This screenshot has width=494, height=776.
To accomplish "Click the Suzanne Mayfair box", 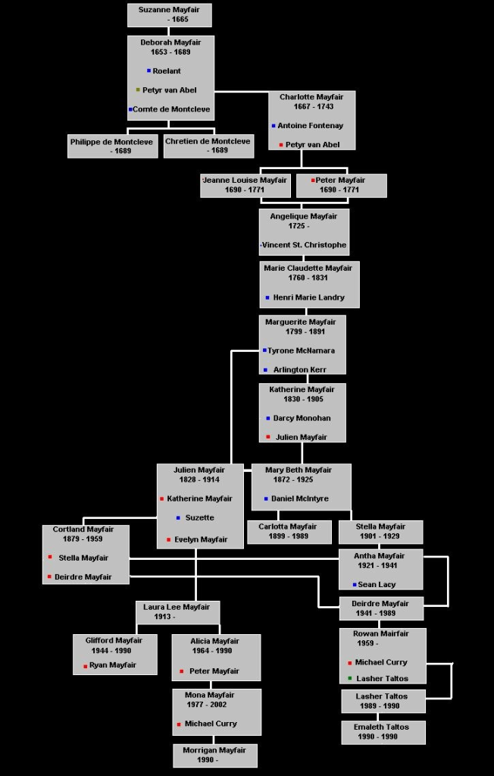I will click(x=169, y=14).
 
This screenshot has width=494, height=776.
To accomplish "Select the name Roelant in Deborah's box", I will click(x=167, y=71).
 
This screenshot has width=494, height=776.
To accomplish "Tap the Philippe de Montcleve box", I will click(x=112, y=146).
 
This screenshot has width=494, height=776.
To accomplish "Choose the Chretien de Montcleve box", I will click(x=208, y=146).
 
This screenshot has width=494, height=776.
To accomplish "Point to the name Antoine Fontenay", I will click(x=310, y=126).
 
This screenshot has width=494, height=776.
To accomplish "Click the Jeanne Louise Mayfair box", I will click(x=245, y=185).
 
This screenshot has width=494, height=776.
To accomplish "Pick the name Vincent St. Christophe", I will click(x=305, y=245).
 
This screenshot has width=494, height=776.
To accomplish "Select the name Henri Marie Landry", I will click(x=308, y=297).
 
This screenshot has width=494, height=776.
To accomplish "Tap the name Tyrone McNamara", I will click(x=301, y=350).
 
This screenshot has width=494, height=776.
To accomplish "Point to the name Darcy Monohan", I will click(x=302, y=418).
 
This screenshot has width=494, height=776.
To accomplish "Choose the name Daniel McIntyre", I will click(x=302, y=498).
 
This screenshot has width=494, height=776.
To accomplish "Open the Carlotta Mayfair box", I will click(x=289, y=532).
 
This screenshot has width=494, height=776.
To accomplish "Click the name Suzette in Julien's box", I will click(x=199, y=517).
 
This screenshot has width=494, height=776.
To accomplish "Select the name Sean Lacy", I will click(x=377, y=585).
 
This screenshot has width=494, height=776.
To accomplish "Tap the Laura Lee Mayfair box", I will click(x=177, y=611).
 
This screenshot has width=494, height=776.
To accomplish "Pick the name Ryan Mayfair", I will click(x=113, y=665).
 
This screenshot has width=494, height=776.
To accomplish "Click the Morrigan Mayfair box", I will click(x=214, y=755).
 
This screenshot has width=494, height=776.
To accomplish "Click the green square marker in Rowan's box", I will click(x=350, y=678).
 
